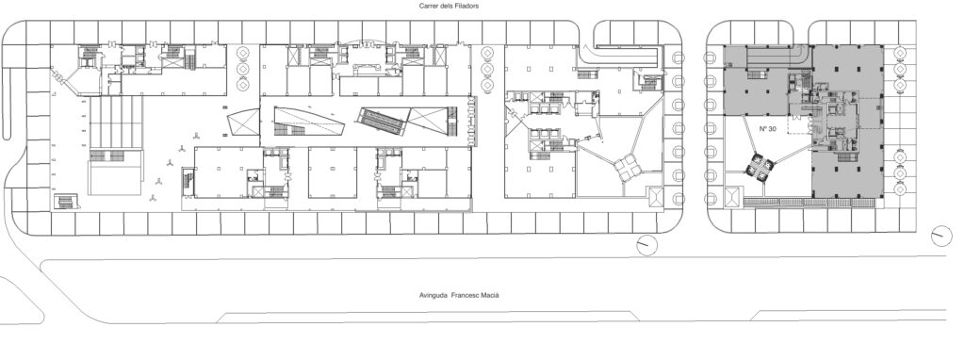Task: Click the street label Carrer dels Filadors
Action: [449, 6]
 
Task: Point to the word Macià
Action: [491, 295]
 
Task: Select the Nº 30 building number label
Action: [767, 128]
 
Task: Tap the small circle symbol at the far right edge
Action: [941, 235]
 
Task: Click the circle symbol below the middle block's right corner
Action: [646, 245]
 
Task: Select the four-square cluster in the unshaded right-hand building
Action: [628, 167]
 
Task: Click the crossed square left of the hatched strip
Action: [733, 198]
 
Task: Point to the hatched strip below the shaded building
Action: [812, 202]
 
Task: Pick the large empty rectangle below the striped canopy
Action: [115, 178]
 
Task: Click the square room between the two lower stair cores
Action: [333, 172]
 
